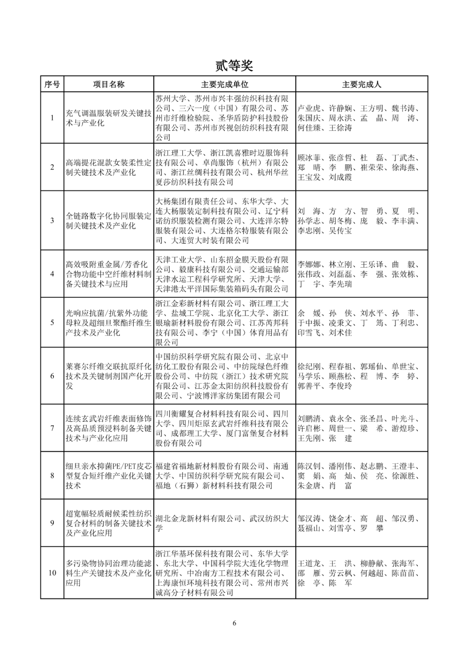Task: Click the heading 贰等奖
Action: [234, 66]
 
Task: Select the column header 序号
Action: [52, 84]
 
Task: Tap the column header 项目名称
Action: [109, 84]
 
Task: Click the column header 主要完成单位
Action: [225, 84]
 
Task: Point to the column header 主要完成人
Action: [361, 84]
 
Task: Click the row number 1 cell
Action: [52, 118]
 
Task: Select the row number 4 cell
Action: [52, 274]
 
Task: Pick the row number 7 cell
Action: [52, 428]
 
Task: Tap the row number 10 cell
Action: [52, 573]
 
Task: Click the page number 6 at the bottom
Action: [234, 624]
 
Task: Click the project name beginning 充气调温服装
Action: [109, 118]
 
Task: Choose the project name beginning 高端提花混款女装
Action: [109, 167]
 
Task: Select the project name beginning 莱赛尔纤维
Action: [109, 376]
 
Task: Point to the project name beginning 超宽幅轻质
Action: [109, 523]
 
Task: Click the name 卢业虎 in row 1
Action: [309, 108]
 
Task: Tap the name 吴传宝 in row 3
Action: [340, 231]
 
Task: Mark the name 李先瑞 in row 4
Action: [340, 284]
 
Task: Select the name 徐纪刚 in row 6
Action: [309, 367]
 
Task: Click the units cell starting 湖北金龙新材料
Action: [221, 523]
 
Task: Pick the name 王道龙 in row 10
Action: [309, 564]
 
